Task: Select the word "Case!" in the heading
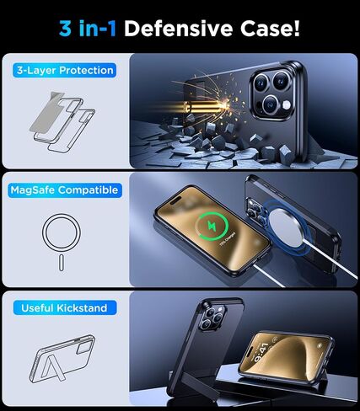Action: [271, 29]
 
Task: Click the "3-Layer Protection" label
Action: [64, 71]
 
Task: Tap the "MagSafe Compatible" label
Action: [64, 190]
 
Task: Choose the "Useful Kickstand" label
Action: [64, 308]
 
